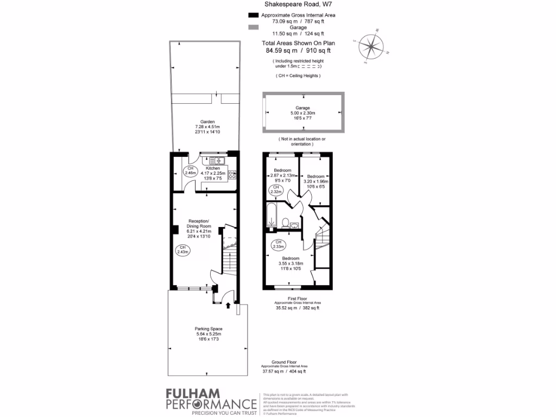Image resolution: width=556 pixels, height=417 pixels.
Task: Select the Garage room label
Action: point(302,108)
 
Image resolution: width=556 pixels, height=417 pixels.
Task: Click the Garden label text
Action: point(207,122)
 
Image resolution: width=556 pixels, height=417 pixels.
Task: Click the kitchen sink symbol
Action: point(216,161)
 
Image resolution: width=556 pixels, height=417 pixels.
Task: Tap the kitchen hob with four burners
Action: point(232,174)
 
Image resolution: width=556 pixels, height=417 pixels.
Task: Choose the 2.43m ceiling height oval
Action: point(183,250)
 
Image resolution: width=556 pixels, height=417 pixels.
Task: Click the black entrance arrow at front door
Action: point(228,306)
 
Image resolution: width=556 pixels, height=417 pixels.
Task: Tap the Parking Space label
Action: point(208,329)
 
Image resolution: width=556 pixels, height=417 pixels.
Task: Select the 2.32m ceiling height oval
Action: point(276,189)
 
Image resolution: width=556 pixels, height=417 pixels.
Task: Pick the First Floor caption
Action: point(297,299)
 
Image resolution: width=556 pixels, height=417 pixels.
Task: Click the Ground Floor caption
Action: point(283,362)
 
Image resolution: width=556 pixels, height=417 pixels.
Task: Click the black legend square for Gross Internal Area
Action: point(252,15)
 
